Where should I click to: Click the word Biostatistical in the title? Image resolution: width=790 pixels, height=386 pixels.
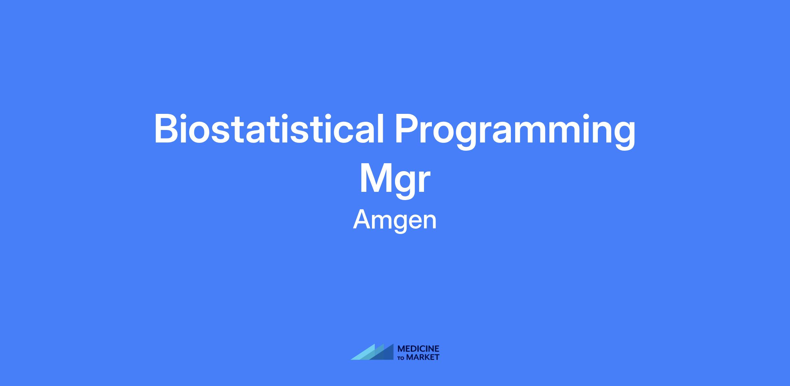[x=269, y=129]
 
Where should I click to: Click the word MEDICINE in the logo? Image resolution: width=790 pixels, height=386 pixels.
[x=418, y=349]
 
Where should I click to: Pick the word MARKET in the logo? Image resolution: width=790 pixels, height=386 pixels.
[x=423, y=357]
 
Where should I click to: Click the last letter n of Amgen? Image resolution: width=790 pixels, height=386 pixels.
[x=429, y=222]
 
